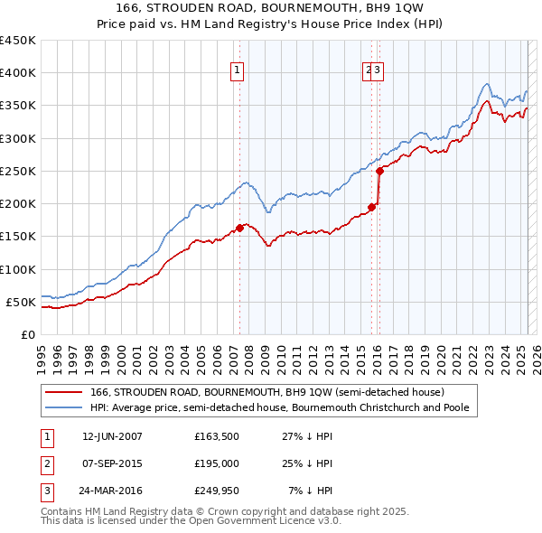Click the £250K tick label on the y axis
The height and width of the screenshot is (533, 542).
tap(18, 171)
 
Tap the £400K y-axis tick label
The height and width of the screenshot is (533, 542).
tap(18, 73)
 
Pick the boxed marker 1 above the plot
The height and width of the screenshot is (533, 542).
tap(237, 71)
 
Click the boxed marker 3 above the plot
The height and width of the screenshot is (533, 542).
tap(378, 71)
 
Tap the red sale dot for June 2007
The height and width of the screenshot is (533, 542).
tap(239, 228)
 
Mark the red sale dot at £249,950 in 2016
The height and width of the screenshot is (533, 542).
tap(380, 171)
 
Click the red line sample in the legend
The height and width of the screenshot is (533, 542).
tap(62, 393)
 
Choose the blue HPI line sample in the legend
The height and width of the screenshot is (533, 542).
tap(62, 407)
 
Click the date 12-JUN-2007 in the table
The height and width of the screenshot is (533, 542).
tap(112, 436)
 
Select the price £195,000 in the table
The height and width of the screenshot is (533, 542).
tap(217, 464)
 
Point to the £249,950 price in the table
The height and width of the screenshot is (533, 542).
tap(217, 492)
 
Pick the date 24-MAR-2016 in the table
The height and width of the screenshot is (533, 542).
tap(112, 492)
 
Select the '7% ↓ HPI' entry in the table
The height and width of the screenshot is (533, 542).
tap(311, 492)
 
